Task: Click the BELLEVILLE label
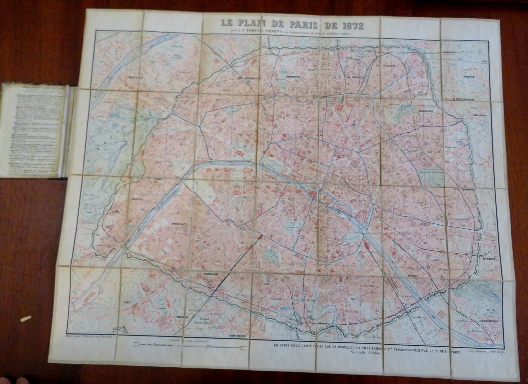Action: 425,111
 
